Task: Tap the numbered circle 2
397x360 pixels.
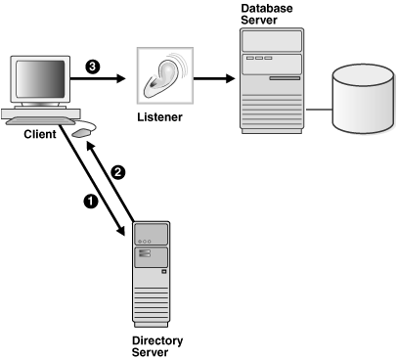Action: [x=119, y=171]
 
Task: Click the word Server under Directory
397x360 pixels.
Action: [x=151, y=353]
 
